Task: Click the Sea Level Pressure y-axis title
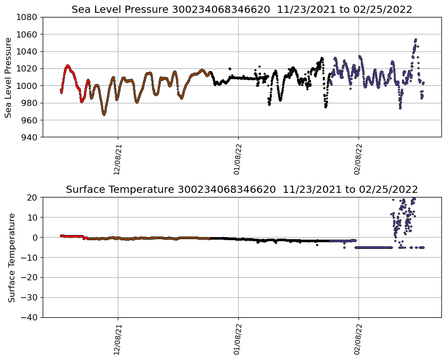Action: click(x=9, y=77)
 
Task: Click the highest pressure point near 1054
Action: click(x=416, y=39)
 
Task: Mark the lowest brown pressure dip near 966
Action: click(x=104, y=114)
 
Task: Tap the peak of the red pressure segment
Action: click(x=67, y=65)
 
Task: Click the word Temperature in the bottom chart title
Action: click(x=143, y=190)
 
